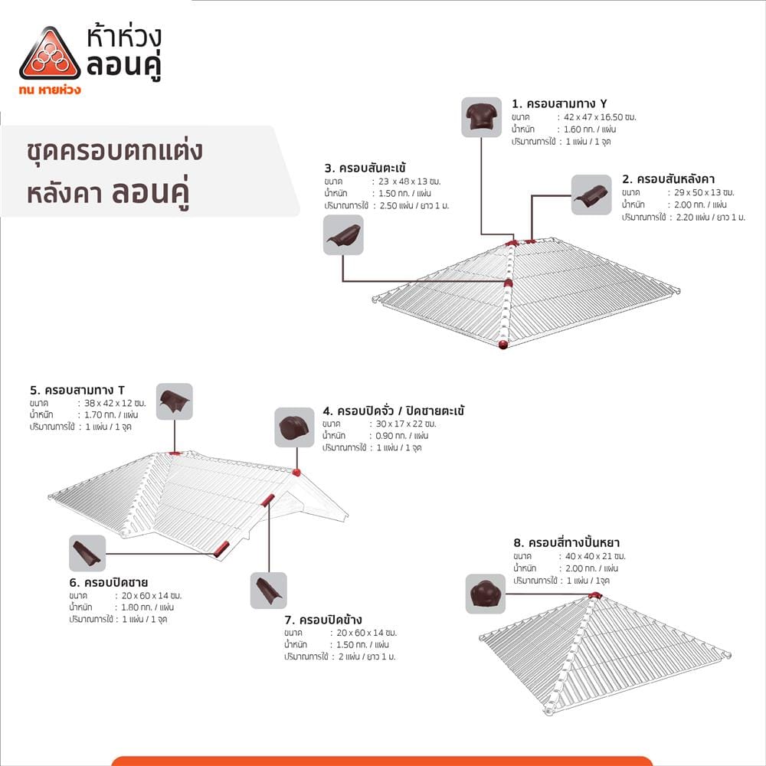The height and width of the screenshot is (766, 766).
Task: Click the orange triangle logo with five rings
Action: (50, 54)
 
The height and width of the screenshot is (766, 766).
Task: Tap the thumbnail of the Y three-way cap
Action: (482, 117)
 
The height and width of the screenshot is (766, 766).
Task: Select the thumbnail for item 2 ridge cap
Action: (591, 195)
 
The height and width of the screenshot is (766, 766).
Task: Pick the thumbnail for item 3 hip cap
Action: (343, 235)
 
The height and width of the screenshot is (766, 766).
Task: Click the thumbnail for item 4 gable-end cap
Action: (294, 427)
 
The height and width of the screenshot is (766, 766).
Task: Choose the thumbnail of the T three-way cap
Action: (175, 401)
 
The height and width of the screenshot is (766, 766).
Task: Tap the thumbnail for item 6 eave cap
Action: (87, 553)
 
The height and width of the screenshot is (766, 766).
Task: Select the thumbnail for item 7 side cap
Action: (269, 591)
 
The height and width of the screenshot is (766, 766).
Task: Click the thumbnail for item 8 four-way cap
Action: (485, 594)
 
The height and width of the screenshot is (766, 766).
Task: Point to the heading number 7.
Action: (290, 620)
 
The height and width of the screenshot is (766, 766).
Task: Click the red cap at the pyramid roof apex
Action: (594, 595)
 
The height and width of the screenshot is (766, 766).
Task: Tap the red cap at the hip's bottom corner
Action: (503, 345)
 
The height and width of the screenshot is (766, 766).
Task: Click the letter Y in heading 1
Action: (604, 103)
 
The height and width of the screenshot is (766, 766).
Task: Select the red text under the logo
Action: (50, 90)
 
